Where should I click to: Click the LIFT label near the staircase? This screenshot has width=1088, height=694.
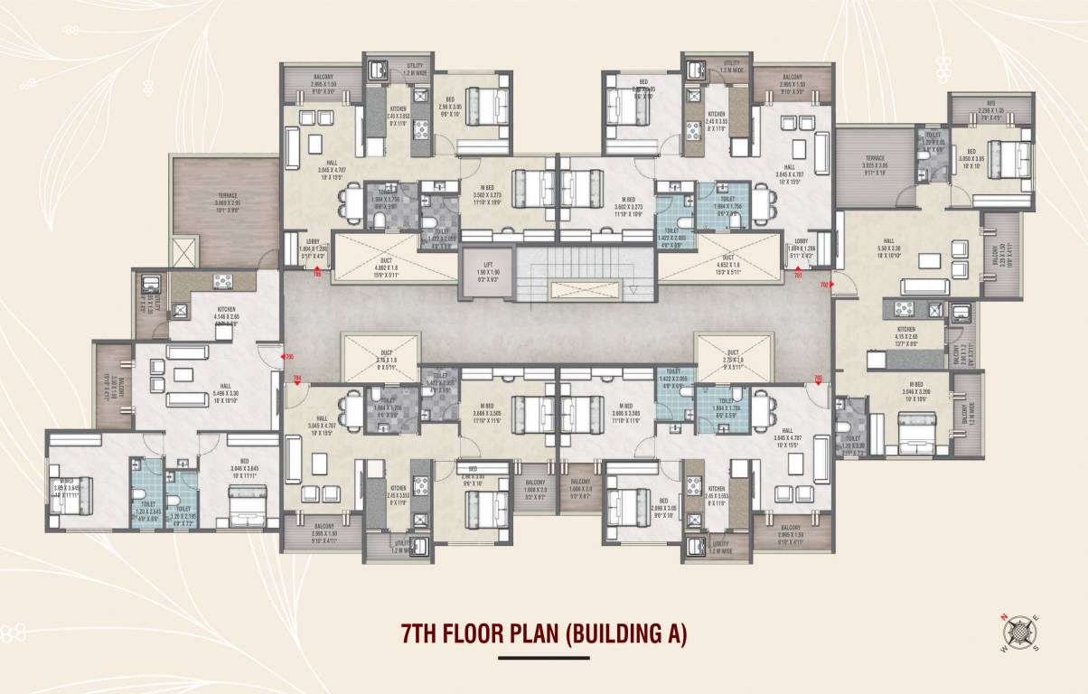pos(486,264)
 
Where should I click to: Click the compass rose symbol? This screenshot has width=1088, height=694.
pos(1020,632)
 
